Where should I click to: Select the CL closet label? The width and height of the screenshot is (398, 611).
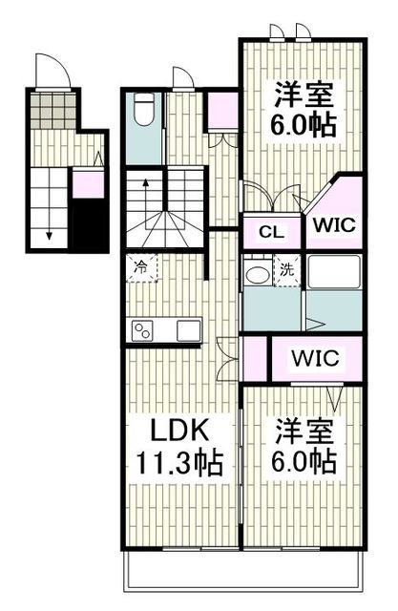270,232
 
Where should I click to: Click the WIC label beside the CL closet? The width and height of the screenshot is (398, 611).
334,227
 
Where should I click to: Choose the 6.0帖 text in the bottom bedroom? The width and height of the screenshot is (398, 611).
304,463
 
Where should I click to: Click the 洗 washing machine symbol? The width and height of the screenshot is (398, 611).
287,269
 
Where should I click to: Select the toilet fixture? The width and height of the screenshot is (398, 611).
143,113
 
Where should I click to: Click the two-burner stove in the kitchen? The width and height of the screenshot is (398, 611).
144,330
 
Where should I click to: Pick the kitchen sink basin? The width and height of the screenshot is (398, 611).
189,330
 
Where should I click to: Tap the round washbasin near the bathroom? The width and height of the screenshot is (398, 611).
256,275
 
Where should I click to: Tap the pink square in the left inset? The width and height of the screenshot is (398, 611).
87,184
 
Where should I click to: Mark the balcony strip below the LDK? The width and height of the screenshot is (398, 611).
243,570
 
